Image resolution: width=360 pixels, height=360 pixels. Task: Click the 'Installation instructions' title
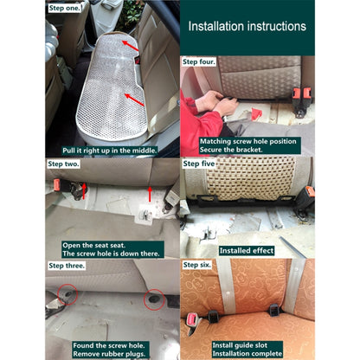tap(247, 26)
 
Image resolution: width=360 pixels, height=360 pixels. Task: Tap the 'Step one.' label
tap(64, 8)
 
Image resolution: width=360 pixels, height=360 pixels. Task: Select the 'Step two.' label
tap(63, 164)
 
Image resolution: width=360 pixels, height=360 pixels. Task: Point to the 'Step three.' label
tap(67, 266)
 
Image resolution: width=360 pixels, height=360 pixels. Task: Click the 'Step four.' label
tap(199, 61)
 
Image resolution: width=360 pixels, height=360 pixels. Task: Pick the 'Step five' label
tap(199, 164)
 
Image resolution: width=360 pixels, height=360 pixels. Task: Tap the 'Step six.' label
tap(197, 265)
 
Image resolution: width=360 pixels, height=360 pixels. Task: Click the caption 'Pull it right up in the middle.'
tap(110, 151)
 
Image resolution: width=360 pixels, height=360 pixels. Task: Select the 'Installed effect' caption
tap(247, 250)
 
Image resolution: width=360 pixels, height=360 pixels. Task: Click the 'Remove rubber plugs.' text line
tap(109, 354)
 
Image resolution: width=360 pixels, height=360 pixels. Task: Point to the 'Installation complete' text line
tap(247, 353)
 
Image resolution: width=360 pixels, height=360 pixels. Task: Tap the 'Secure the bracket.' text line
tap(231, 150)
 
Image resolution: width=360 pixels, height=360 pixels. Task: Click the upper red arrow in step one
tap(130, 46)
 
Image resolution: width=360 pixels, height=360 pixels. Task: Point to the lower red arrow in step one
tap(134, 100)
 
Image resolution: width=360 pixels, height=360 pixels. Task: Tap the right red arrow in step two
tap(150, 194)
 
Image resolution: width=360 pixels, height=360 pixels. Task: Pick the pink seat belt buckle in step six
tap(191, 319)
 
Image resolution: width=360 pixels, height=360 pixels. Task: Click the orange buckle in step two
tap(57, 185)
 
